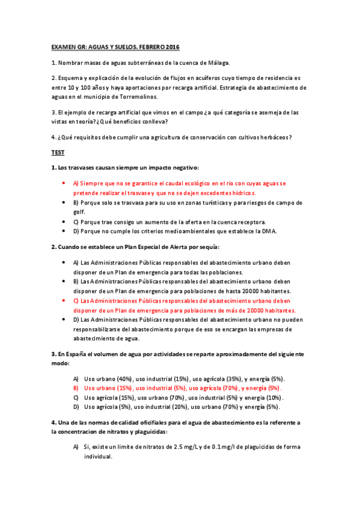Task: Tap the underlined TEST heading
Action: (x=58, y=153)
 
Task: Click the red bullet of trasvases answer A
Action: (x=63, y=182)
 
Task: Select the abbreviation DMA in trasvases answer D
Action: (x=269, y=232)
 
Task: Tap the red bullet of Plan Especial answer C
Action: (x=63, y=300)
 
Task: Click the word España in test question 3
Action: (x=82, y=354)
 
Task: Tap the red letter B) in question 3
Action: (x=76, y=389)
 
